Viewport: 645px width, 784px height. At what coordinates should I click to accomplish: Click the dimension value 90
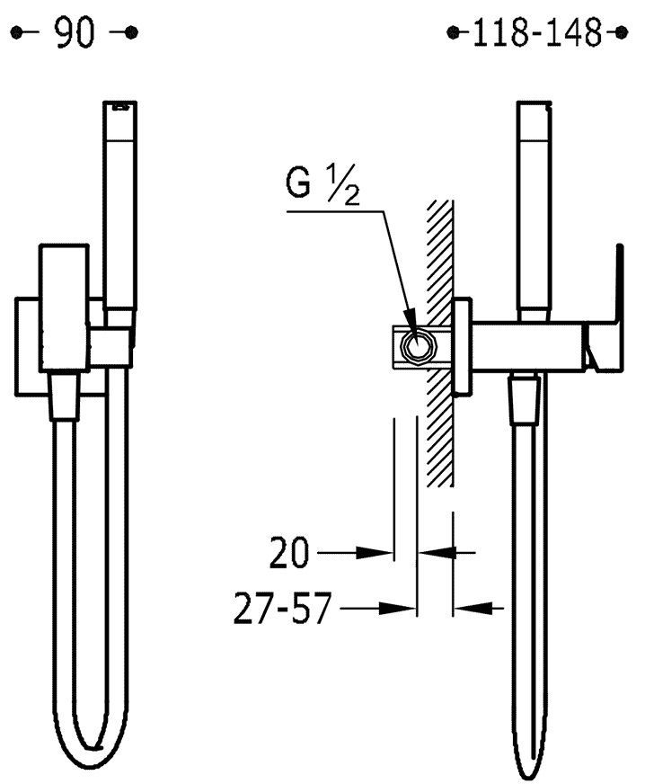75,33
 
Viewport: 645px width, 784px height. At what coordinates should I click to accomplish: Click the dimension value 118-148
537,33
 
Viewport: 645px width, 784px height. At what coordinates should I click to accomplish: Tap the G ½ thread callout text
322,183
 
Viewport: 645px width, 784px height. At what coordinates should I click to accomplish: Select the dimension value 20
289,553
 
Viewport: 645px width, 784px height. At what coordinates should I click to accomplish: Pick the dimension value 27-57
282,608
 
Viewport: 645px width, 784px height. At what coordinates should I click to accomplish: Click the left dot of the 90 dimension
16,33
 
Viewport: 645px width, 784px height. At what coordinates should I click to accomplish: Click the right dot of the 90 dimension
131,33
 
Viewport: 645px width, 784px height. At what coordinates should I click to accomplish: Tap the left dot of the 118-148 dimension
453,33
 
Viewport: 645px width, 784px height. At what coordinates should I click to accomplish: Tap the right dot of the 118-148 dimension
622,33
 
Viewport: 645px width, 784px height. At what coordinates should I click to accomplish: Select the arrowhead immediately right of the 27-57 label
397,608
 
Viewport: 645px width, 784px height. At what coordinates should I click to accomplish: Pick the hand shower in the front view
119,210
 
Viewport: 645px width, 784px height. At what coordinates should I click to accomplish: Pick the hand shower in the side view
535,211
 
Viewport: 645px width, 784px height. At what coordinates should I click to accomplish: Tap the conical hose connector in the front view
65,395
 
